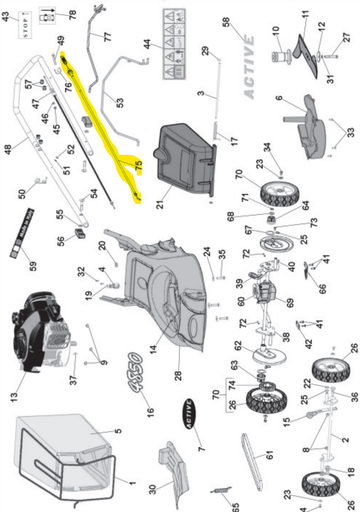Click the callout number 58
(225, 21)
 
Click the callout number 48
(9, 150)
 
